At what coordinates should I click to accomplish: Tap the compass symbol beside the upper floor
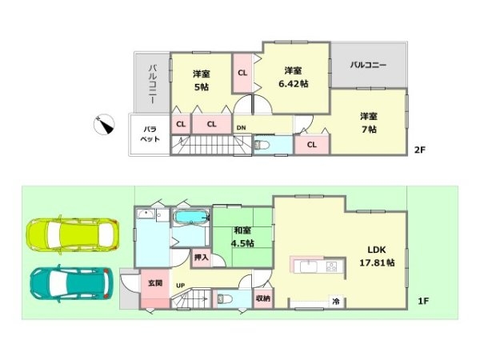pos(103,125)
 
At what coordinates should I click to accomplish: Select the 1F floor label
pos(424,301)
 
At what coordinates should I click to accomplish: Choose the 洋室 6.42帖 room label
pos(293,77)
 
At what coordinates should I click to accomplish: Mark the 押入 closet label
pos(201,257)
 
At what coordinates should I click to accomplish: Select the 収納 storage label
pos(263,298)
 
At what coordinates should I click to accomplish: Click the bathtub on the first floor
pos(190,218)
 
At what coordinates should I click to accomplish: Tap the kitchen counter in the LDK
pos(318,266)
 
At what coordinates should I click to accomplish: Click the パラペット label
pos(150,134)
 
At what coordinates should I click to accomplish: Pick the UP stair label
pos(180,285)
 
